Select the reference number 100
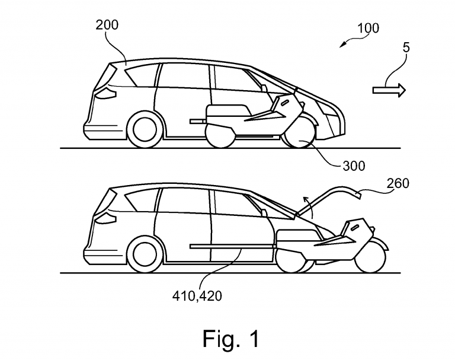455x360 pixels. pos(367,28)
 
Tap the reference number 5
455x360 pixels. pos(406,48)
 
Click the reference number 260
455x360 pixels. pos(398,183)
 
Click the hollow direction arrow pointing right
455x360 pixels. pos(389,90)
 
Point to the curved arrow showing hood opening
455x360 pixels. pos(305,204)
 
